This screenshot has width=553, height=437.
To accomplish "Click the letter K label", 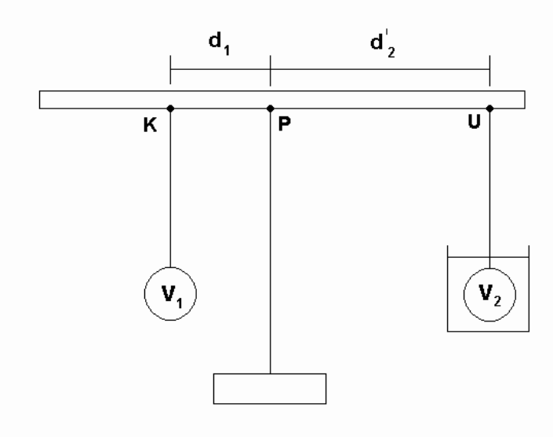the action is click(150, 125).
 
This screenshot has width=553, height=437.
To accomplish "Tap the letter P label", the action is click(285, 124).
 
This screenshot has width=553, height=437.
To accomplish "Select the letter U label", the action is click(474, 122).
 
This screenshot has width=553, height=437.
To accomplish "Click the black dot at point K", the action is click(170, 108).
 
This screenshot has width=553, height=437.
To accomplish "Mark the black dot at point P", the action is click(271, 108).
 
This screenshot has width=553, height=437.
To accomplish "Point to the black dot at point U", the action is click(489, 108).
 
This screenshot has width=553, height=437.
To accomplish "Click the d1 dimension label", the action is click(220, 43).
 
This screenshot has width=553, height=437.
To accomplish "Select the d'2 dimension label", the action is click(383, 43).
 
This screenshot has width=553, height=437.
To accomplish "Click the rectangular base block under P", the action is click(270, 388).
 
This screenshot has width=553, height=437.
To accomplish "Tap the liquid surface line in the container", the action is click(488, 257).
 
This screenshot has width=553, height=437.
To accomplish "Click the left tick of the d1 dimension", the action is click(170, 70).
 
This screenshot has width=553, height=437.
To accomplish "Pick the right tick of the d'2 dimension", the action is click(489, 70).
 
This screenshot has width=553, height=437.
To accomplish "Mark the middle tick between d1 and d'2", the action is click(271, 70).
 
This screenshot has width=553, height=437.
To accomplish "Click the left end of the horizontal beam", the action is click(39, 100).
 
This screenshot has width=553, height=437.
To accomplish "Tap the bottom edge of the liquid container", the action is click(488, 331).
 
